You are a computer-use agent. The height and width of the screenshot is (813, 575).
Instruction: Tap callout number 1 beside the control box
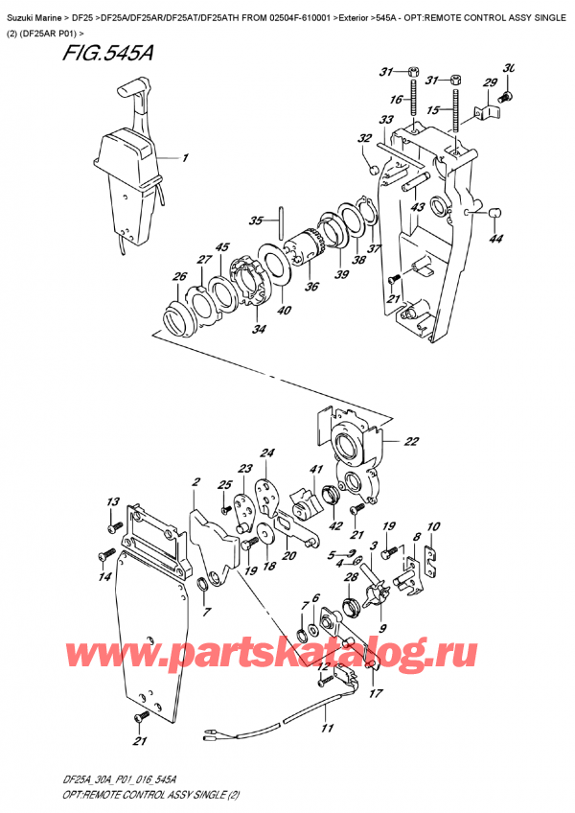pos(185,158)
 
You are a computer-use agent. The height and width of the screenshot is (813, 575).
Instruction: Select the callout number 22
pos(410,441)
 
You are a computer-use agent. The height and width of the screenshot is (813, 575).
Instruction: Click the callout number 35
pos(255,221)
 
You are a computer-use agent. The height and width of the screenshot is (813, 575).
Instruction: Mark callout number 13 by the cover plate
pos(112,501)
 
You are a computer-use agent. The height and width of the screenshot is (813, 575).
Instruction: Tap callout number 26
pos(178,279)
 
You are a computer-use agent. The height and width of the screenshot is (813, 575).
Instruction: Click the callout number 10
pos(432,526)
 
